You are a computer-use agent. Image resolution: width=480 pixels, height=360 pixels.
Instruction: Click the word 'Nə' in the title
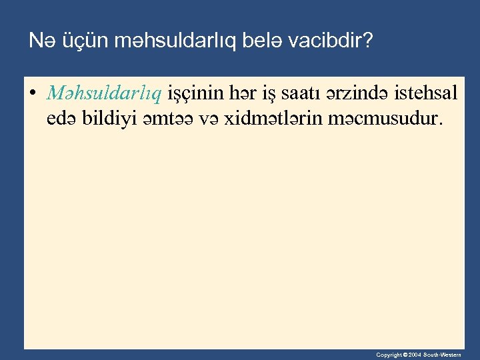(x=40, y=42)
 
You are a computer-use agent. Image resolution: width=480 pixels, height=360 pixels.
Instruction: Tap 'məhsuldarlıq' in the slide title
(x=154, y=43)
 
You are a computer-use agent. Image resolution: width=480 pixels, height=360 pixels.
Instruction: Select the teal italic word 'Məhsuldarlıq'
(x=104, y=94)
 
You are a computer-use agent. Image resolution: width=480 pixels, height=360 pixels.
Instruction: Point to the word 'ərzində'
(x=354, y=93)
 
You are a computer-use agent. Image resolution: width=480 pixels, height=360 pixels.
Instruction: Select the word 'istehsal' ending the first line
(x=425, y=93)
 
